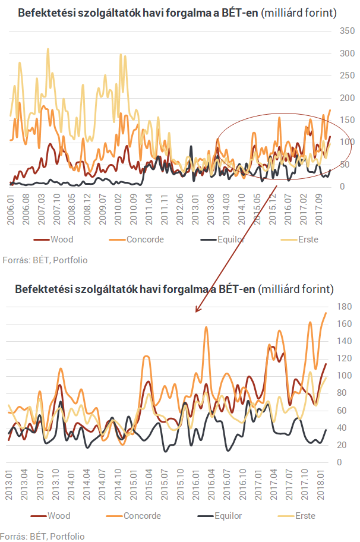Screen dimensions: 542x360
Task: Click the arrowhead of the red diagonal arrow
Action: pos(197,310)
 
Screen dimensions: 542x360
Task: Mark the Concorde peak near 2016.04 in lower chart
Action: pos(206,327)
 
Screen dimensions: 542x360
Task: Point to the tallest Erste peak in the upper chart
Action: pos(48,49)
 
